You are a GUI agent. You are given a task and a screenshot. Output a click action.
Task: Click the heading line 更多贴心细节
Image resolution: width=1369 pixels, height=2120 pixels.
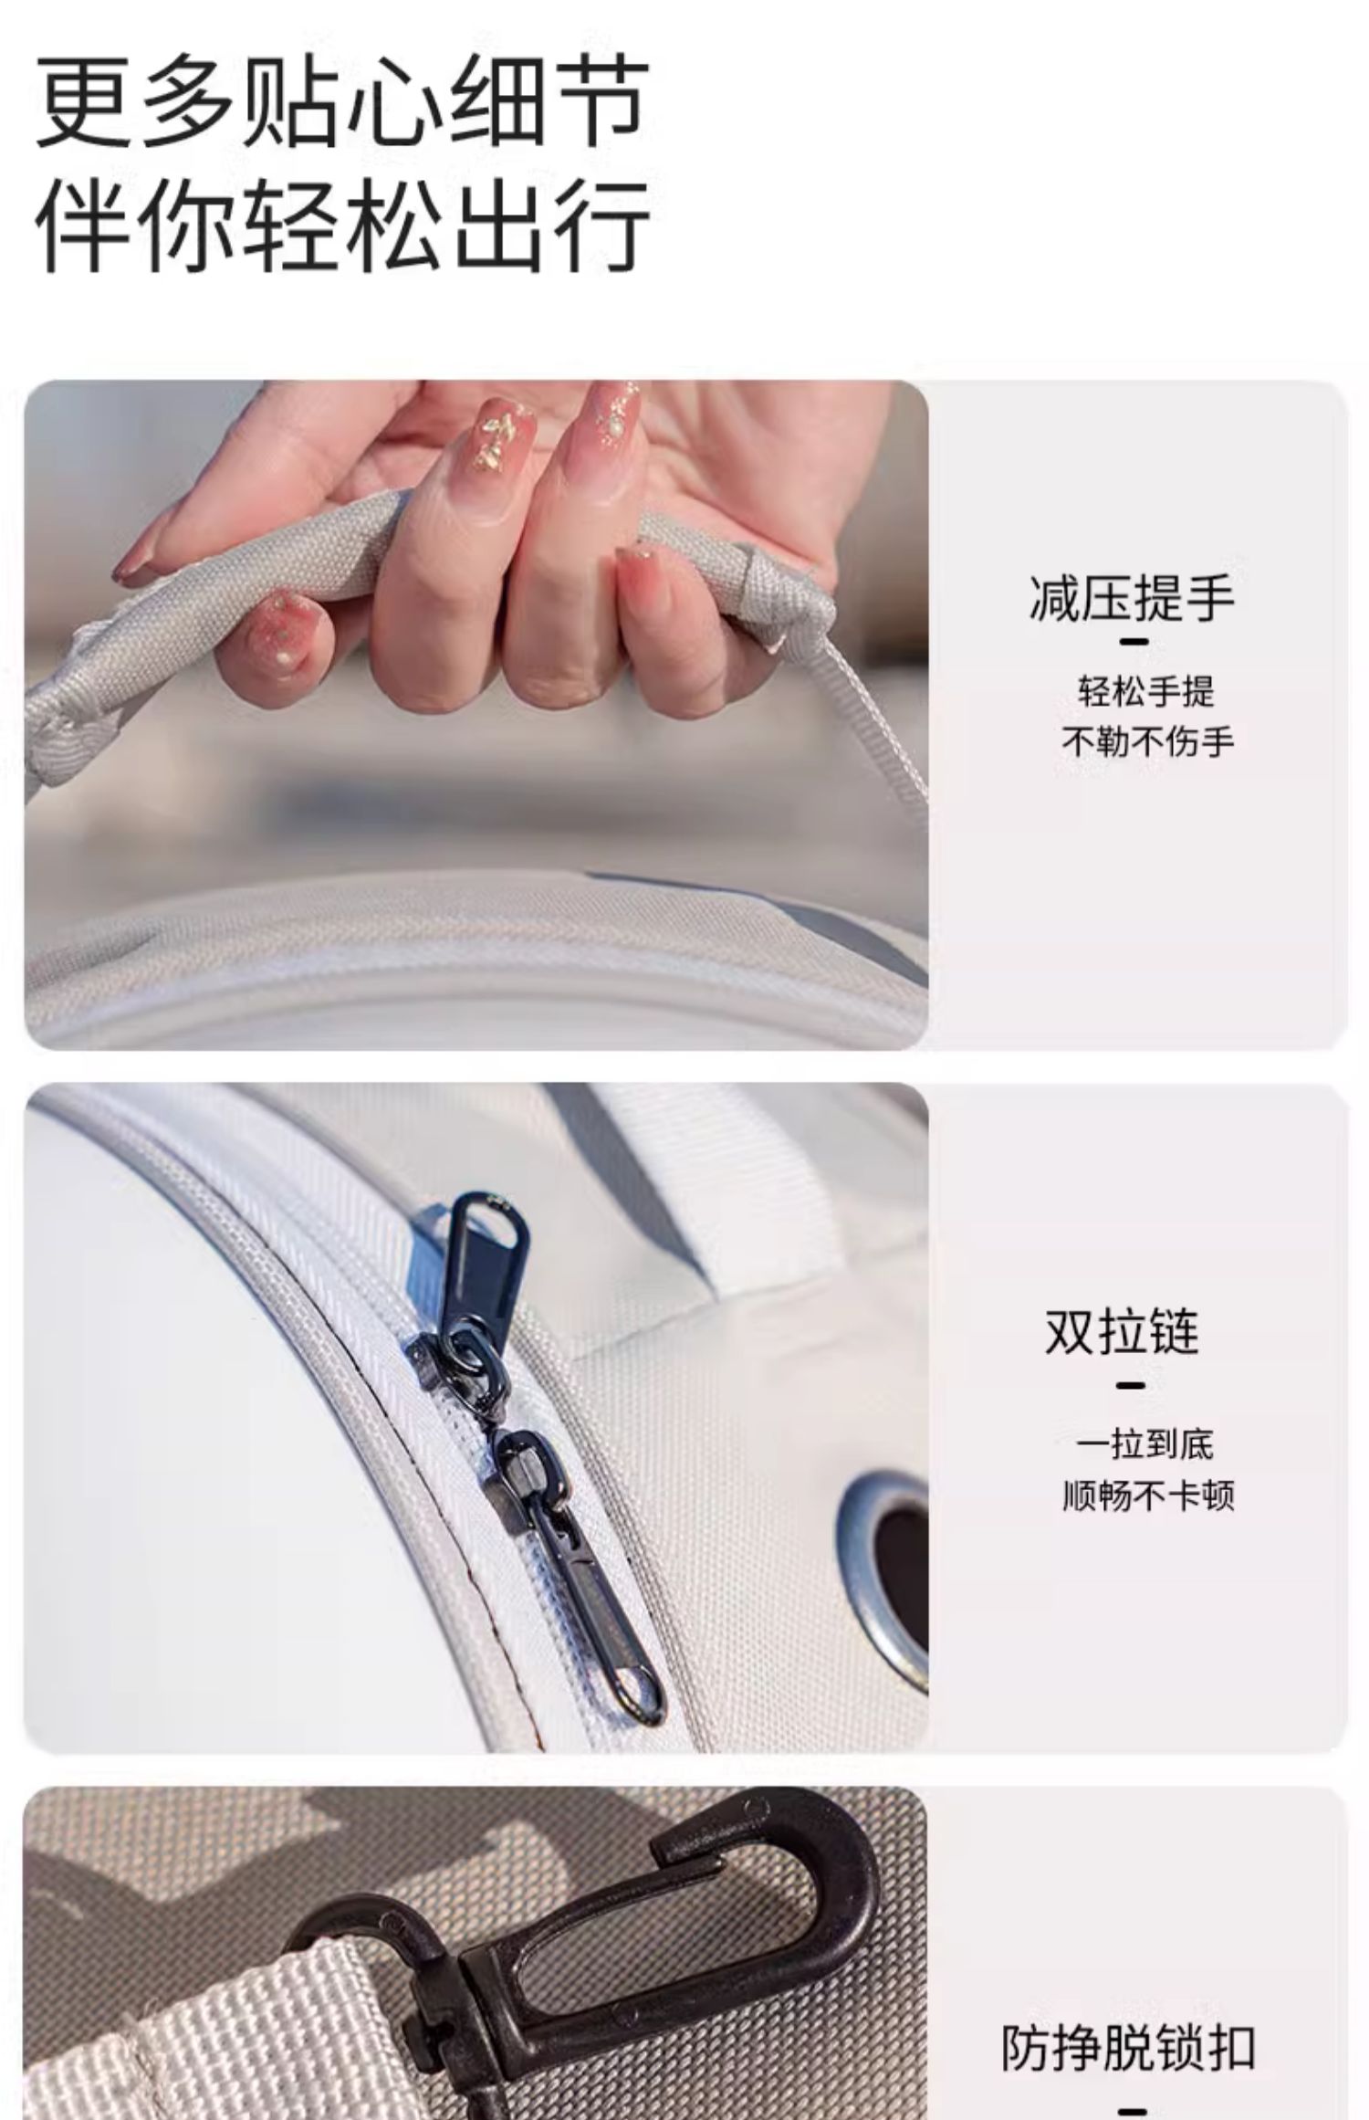tap(342, 102)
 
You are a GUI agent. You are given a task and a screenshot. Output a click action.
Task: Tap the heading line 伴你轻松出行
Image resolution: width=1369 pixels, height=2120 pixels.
tap(342, 225)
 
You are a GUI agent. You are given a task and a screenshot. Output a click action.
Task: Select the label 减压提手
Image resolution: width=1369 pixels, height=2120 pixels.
tap(1132, 599)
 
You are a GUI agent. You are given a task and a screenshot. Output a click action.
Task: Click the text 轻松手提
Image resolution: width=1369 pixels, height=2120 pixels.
tap(1146, 691)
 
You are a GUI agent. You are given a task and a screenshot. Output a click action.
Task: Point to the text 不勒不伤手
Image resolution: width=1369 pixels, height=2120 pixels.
tap(1147, 741)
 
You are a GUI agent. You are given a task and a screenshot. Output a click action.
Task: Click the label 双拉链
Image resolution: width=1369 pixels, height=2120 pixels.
tap(1122, 1332)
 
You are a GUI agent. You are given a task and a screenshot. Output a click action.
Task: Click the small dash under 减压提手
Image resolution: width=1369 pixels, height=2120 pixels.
tap(1133, 641)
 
